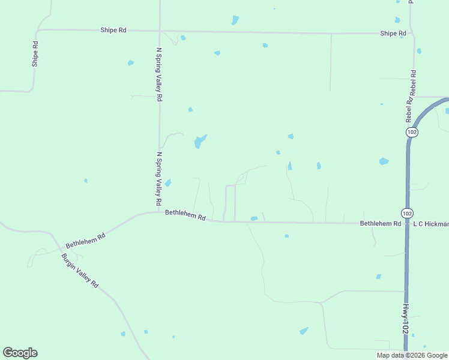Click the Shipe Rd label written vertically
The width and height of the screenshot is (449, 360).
[35, 53]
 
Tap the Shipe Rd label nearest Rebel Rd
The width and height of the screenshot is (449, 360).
[393, 34]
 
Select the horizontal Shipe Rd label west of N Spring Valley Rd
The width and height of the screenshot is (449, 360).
[113, 29]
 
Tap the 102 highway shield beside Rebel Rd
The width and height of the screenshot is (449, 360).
[411, 131]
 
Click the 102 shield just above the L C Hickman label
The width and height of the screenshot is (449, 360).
[407, 213]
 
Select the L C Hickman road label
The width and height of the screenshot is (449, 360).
[430, 224]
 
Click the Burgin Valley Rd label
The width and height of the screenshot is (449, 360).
[80, 271]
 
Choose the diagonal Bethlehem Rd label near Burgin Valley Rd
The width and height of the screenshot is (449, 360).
[85, 241]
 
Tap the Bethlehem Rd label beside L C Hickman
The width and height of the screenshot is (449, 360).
[380, 223]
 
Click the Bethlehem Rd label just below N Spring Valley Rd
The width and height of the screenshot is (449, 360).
[185, 214]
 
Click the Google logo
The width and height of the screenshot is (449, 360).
[20, 353]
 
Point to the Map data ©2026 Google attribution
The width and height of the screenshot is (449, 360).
[411, 355]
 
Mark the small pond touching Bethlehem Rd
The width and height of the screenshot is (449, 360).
[254, 218]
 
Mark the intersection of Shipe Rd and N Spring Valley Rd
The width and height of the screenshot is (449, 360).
[160, 30]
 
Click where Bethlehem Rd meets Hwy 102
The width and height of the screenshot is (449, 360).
[407, 223]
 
